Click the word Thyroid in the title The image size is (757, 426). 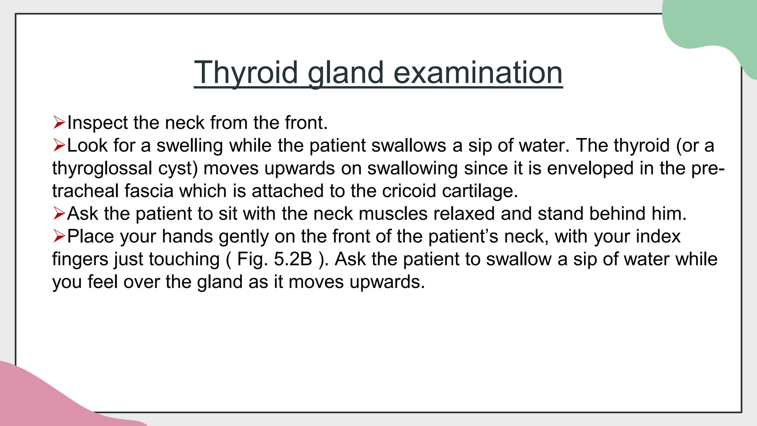tap(246, 73)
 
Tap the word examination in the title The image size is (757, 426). tap(478, 73)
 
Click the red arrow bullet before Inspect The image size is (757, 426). tap(59, 122)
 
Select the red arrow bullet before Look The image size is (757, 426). tap(59, 145)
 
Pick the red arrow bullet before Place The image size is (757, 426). tap(59, 236)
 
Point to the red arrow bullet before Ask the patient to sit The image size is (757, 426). tap(59, 213)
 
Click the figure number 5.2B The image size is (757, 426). tap(293, 259)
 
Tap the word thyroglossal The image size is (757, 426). tap(102, 168)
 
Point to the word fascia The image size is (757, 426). tap(149, 191)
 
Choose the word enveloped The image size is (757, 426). tap(590, 168)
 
